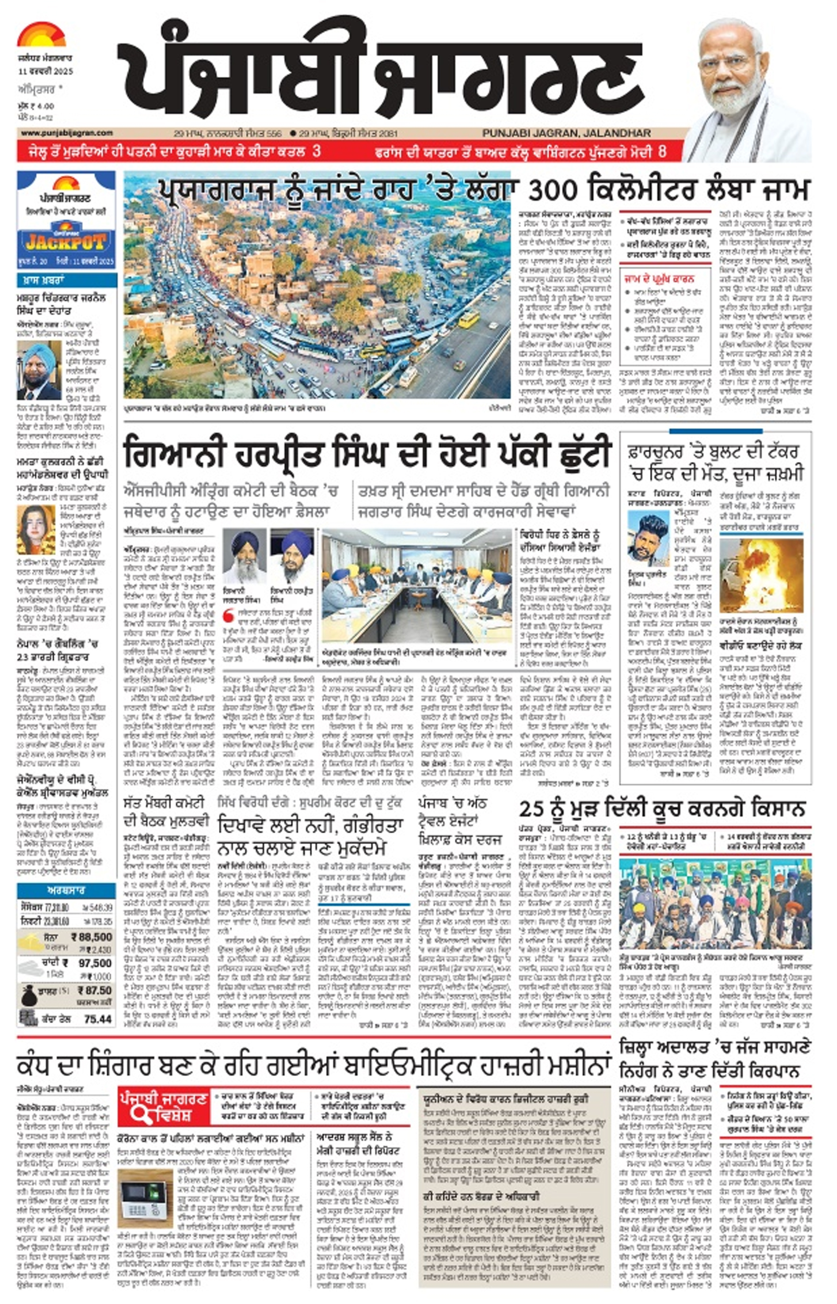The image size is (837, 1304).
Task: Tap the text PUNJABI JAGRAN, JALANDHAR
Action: (566, 133)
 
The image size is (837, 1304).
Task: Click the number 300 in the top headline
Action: (555, 191)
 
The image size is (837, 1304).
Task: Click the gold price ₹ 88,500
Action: (91, 937)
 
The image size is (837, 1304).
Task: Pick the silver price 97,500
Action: (95, 963)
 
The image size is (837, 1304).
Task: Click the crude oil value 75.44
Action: (98, 1018)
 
